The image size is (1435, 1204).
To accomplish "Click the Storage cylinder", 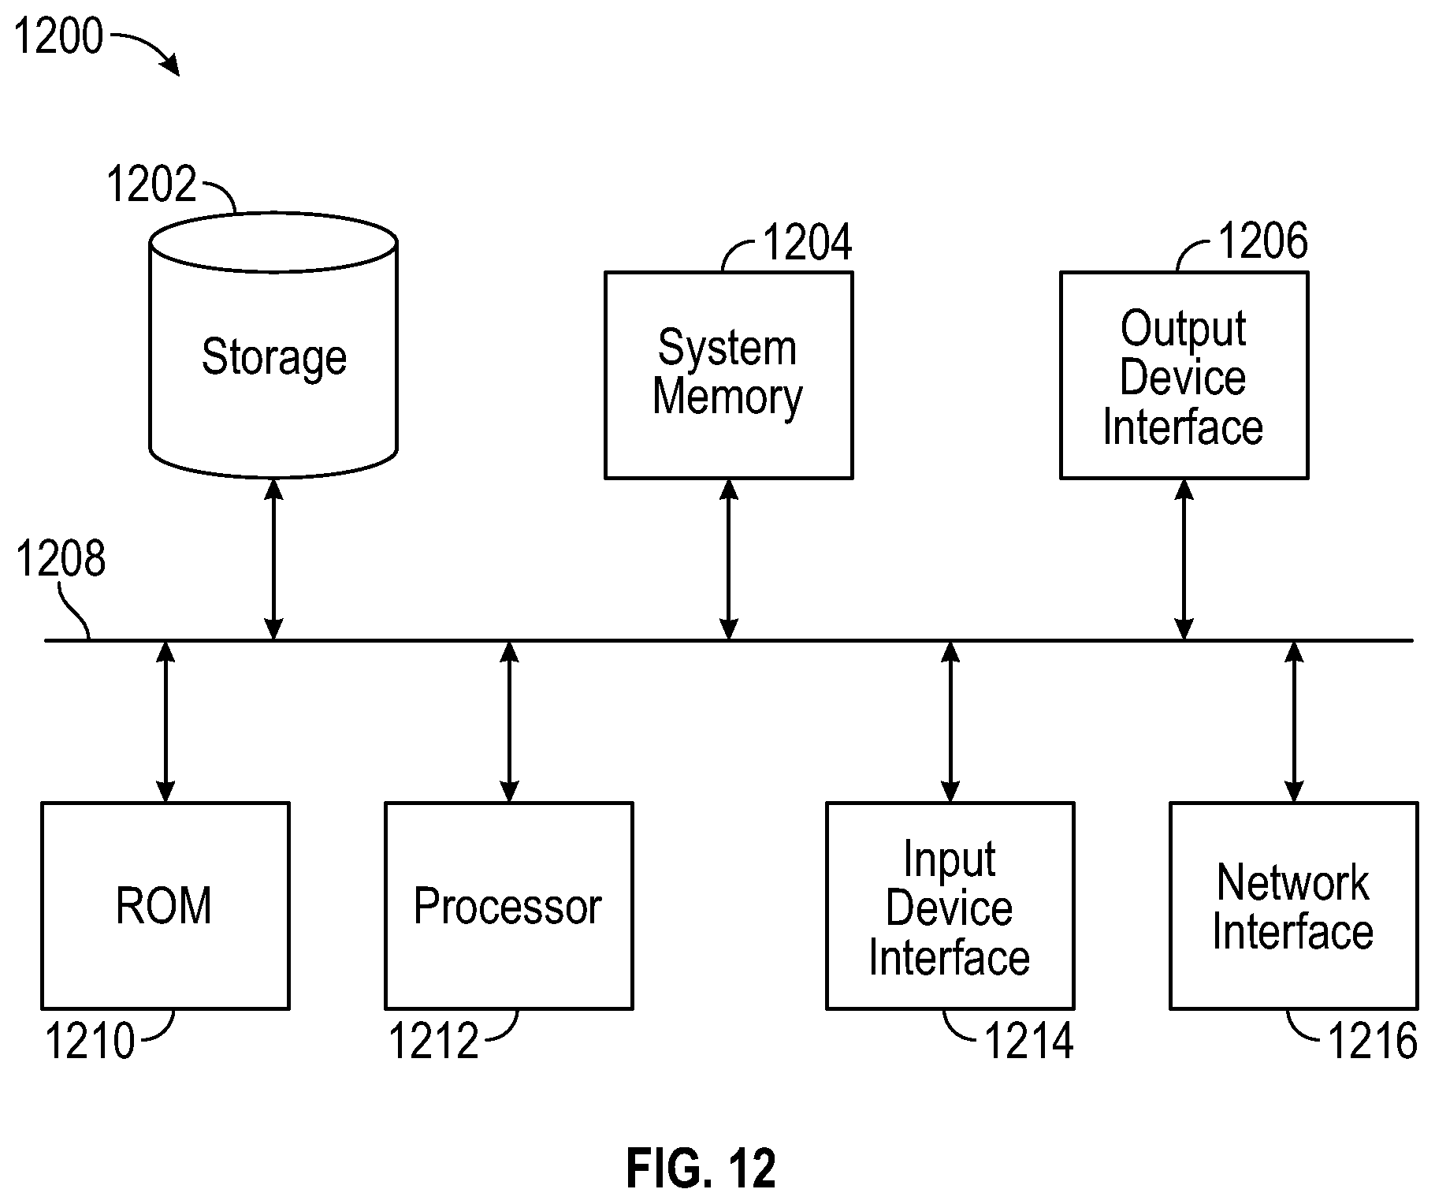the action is pos(273,345).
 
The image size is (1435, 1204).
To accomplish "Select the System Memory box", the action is pos(728,375).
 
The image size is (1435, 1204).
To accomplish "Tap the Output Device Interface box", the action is pos(1184,375).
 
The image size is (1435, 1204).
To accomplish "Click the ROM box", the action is pos(165,905).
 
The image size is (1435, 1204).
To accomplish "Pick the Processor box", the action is pos(509,905).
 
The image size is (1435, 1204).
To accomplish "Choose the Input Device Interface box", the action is pos(950,905).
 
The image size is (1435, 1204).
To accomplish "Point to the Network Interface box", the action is pos(1293,905).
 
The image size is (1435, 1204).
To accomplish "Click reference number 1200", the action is pos(59,36).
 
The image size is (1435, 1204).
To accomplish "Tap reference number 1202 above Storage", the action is pos(151,184).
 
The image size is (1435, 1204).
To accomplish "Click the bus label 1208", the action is pos(61,559).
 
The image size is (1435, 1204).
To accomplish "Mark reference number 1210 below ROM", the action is pos(90,1041).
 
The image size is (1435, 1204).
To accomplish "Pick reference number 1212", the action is pos(434,1041).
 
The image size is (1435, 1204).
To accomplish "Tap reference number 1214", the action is pos(1029,1041).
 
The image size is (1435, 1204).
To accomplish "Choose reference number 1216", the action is pos(1373,1041).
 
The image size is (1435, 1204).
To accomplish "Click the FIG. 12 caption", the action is pos(701,1169).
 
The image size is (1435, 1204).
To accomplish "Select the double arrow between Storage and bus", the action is pos(273,559).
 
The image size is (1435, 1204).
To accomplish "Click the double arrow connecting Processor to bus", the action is pos(510,721).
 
